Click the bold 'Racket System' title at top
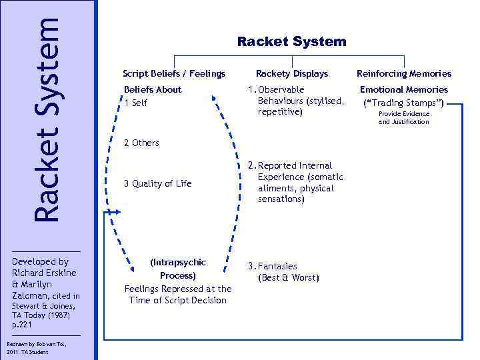coord(291,41)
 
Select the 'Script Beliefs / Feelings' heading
coord(174,73)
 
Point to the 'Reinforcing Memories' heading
coord(403,73)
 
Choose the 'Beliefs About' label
coord(153,89)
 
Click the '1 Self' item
coord(136,103)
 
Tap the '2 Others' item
coord(141,143)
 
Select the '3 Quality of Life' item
coord(157,183)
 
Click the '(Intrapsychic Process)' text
coord(178,269)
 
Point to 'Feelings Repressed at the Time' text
coord(178,294)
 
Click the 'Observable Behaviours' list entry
coord(293,100)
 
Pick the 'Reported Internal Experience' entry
coord(295,182)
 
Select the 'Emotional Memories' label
coord(403,89)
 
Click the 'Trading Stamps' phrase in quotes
coord(403,103)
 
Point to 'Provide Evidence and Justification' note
coord(403,118)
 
